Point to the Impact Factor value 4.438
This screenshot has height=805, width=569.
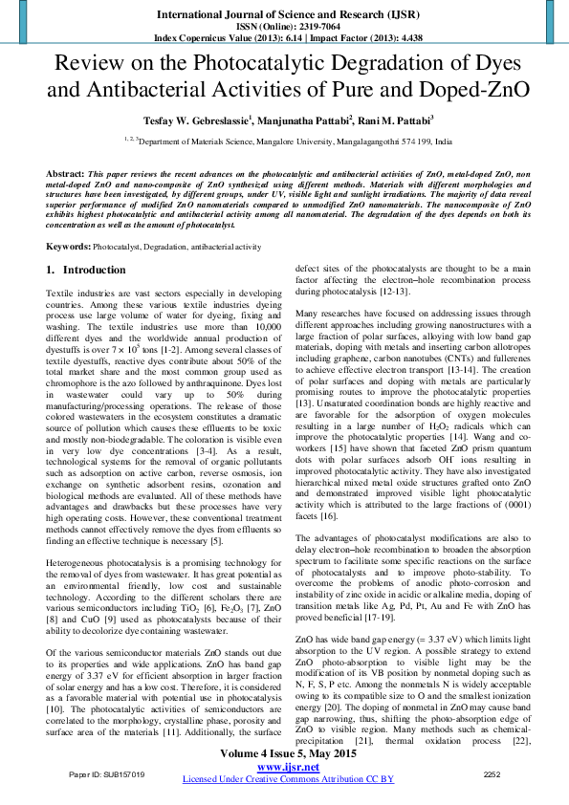[x=403, y=37]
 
